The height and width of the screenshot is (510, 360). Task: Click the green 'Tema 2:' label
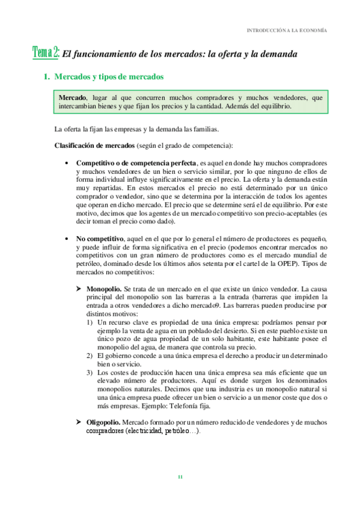46,54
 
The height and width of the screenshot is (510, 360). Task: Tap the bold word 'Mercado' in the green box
72,97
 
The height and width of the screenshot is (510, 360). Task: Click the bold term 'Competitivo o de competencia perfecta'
136,163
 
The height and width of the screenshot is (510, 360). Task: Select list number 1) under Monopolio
89,322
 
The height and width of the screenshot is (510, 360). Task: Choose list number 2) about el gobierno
89,356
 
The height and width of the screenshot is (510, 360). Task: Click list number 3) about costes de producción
89,373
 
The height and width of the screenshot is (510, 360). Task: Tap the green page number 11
180,477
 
